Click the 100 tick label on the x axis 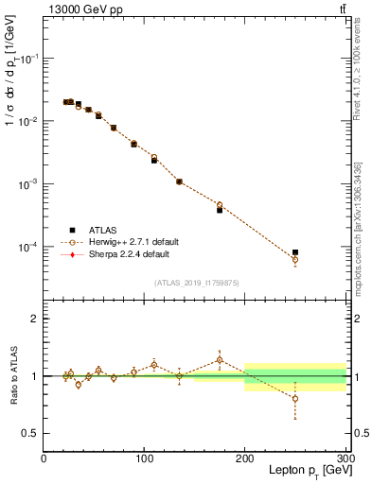144,458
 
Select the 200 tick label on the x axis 245,458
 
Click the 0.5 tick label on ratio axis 30,433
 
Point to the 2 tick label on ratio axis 34,319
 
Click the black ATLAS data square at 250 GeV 295,252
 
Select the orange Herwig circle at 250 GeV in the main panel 295,259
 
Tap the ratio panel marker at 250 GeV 295,398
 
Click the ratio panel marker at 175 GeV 220,359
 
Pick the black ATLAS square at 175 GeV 220,210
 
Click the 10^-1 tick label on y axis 28,58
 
